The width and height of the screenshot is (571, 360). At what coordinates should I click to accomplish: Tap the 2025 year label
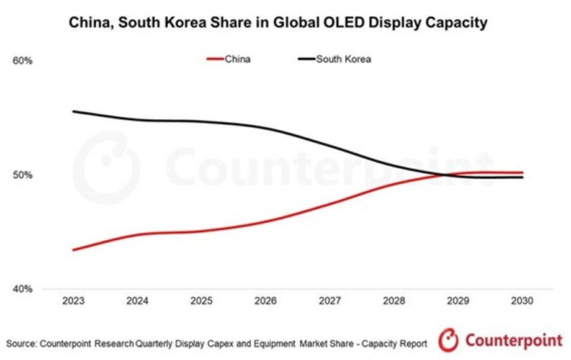201,300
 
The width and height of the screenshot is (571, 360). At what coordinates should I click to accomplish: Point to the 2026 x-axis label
265,300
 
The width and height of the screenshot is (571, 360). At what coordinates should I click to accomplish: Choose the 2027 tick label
330,300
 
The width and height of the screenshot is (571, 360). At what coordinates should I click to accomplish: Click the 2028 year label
393,300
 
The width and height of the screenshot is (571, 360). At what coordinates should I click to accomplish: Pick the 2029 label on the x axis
458,300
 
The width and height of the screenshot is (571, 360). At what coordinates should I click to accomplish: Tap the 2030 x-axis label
522,300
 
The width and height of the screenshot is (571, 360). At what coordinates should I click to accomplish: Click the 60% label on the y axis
22,61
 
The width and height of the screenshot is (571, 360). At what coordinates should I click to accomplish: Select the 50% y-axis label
22,175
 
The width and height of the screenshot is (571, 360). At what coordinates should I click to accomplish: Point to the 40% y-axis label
22,289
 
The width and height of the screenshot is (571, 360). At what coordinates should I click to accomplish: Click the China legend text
238,60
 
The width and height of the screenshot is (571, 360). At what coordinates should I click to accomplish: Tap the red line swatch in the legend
214,60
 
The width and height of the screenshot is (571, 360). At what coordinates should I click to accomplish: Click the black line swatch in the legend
307,60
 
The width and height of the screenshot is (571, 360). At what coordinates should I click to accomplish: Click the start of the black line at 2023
73,112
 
